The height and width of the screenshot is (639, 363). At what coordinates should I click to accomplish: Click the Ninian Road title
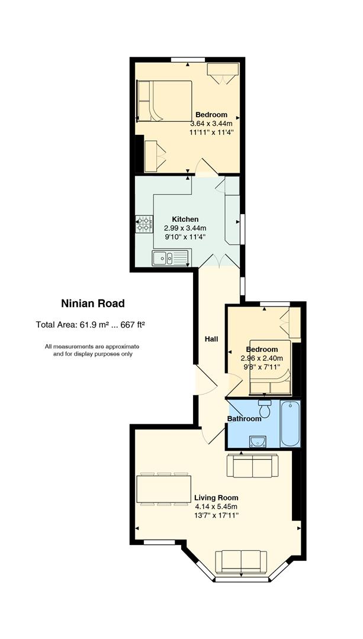point(92,304)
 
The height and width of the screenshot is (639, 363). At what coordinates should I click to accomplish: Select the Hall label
point(211,339)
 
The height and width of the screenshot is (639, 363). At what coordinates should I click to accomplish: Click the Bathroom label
point(244,419)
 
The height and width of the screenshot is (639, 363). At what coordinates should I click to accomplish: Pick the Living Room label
point(216,498)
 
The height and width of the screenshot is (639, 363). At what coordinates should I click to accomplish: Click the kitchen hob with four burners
point(143,224)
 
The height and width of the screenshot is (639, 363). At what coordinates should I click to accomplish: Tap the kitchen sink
point(170,258)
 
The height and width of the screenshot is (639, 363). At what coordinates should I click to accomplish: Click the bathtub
point(290,424)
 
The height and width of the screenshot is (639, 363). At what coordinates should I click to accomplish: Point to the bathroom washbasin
point(258,441)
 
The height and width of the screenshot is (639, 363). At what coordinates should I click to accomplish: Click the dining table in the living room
point(164,489)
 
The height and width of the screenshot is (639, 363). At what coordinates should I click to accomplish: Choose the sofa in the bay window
point(241,561)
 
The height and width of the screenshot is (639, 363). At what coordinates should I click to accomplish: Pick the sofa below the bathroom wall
point(252,466)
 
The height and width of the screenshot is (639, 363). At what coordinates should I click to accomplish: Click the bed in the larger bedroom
point(165,101)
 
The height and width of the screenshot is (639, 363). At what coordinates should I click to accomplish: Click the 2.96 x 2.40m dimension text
point(262,358)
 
